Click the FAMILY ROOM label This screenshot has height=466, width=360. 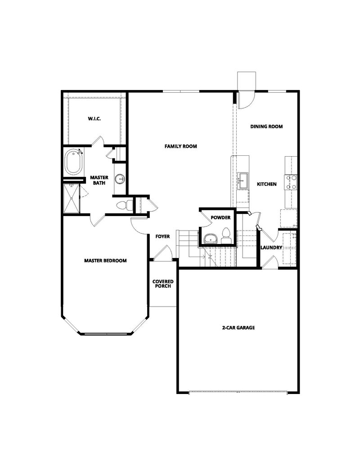click(x=180, y=146)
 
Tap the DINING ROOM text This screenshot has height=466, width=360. click(x=266, y=127)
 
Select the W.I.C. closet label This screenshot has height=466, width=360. click(x=94, y=119)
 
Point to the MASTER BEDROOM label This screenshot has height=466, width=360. click(x=105, y=260)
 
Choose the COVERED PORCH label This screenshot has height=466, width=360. click(x=163, y=284)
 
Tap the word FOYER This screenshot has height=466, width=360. click(x=162, y=236)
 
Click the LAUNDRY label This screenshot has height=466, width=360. click(x=271, y=248)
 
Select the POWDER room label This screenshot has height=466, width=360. click(x=220, y=218)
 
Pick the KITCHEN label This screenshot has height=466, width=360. click(x=266, y=184)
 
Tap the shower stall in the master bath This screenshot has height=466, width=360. click(x=72, y=198)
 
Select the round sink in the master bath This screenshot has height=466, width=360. click(x=120, y=179)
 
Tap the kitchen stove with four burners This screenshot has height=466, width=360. click(x=290, y=182)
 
